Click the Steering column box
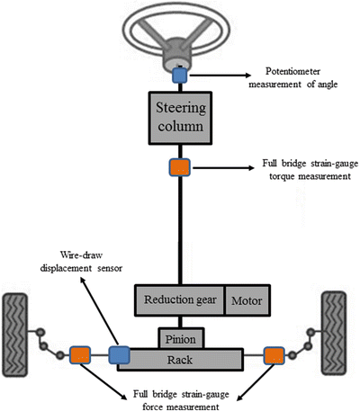point(183,121)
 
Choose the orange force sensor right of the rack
point(274,356)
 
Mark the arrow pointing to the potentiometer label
point(220,78)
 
